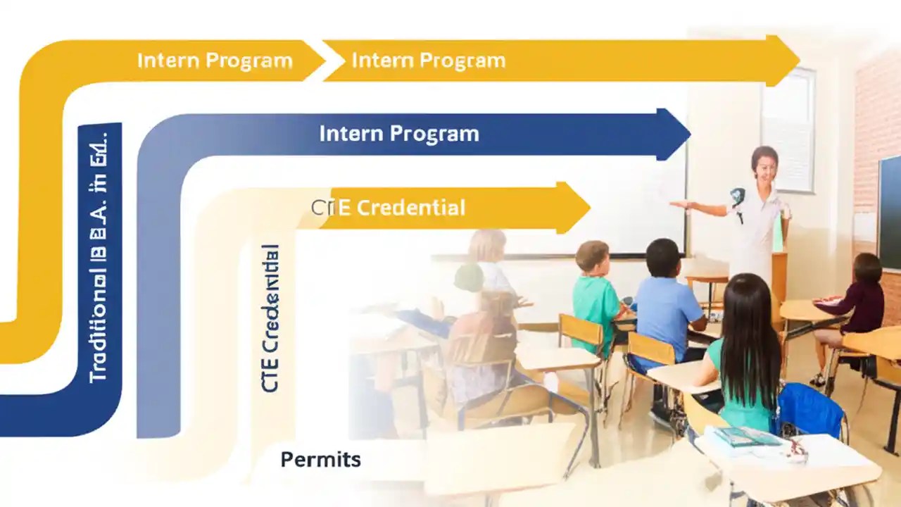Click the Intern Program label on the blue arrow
click(x=398, y=134)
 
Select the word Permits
click(x=320, y=461)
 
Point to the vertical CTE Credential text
click(x=270, y=318)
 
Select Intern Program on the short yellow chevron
click(x=215, y=61)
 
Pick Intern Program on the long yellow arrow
click(x=428, y=61)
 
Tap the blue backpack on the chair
click(x=809, y=412)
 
